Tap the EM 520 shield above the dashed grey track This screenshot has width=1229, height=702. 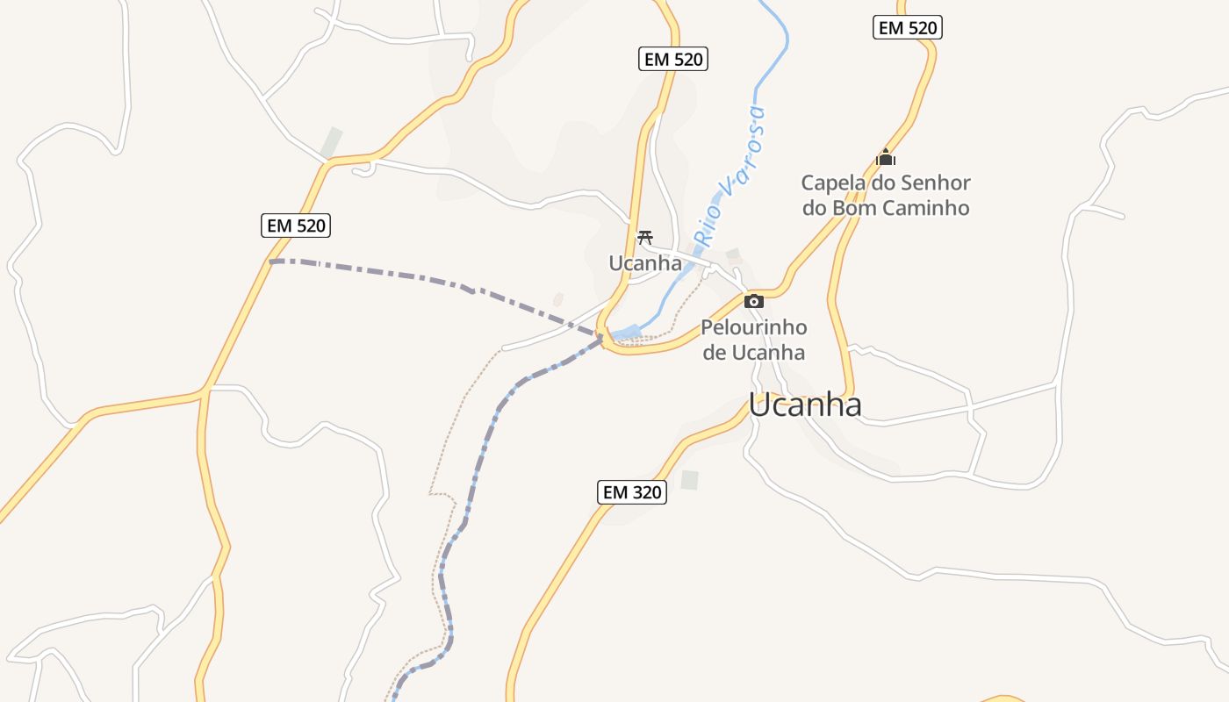[x=296, y=226]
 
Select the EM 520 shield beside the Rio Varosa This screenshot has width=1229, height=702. [x=673, y=59]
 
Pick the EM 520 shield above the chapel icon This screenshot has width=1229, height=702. [x=908, y=27]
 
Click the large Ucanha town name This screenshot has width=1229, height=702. [x=805, y=405]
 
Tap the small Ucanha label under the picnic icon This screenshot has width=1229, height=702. [x=645, y=263]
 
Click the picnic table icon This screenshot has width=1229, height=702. [x=645, y=237]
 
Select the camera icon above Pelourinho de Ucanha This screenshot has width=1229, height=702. [x=753, y=302]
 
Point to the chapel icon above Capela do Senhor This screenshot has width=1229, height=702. [x=886, y=158]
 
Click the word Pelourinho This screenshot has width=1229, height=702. [x=753, y=328]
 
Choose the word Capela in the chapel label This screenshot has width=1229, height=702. [x=831, y=183]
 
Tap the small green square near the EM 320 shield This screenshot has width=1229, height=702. [x=690, y=480]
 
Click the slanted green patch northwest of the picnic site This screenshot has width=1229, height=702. [x=332, y=142]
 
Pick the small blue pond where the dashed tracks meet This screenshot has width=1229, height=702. [x=627, y=333]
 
